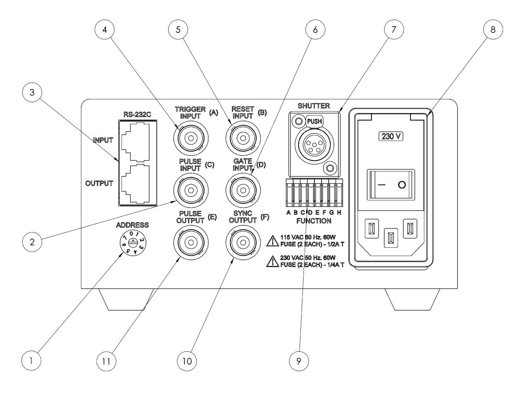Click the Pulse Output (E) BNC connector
(190, 243)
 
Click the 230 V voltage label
(390, 137)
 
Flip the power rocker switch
(390, 185)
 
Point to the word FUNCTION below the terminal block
(314, 221)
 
